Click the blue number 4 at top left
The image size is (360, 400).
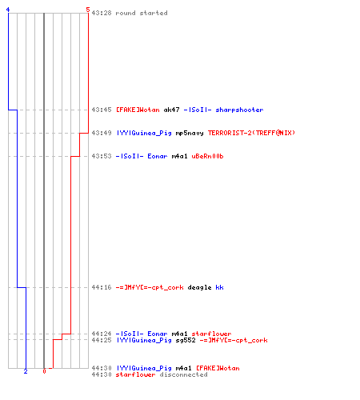[x=8, y=10]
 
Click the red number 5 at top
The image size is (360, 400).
[x=88, y=10]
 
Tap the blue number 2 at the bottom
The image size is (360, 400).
[x=26, y=371]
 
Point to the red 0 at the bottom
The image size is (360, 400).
[x=44, y=371]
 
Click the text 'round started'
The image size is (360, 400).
[x=142, y=13]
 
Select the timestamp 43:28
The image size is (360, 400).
[x=102, y=13]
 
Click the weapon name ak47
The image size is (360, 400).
[x=171, y=110]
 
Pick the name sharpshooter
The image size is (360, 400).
[x=239, y=110]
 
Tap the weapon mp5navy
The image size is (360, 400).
[x=190, y=133]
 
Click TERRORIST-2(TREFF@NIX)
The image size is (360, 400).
[x=251, y=133]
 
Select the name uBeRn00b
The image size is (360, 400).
[x=207, y=156]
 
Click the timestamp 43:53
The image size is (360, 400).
[x=102, y=156]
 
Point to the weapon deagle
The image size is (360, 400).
[x=199, y=287]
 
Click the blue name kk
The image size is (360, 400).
[x=219, y=287]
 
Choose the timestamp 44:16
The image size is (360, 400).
[x=102, y=287]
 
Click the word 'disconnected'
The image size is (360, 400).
[x=183, y=374]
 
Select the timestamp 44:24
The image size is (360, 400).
[x=102, y=334]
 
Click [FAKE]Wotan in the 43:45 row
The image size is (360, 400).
[x=138, y=110]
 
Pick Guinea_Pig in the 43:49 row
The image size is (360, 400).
[x=151, y=133]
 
